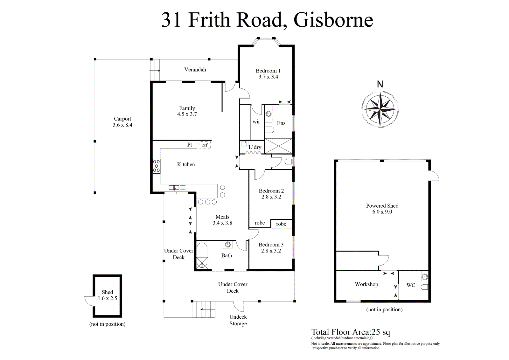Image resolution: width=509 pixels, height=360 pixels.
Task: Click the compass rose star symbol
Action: pyautogui.click(x=380, y=109)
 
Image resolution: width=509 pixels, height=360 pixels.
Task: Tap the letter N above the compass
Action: pyautogui.click(x=380, y=84)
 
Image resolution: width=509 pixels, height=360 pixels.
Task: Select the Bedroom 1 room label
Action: pyautogui.click(x=268, y=71)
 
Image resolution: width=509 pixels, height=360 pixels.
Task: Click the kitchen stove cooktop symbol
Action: pyautogui.click(x=156, y=166)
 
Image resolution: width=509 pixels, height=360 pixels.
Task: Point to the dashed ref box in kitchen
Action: pyautogui.click(x=205, y=145)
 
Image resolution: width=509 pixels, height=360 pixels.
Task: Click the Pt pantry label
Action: pyautogui.click(x=190, y=145)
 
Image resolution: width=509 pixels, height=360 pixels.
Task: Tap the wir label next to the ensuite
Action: pyautogui.click(x=256, y=122)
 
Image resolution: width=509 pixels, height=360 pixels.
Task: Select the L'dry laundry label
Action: pyautogui.click(x=255, y=147)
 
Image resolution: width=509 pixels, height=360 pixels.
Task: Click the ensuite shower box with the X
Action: pyautogui.click(x=279, y=146)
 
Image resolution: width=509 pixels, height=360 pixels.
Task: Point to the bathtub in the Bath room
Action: pyautogui.click(x=202, y=255)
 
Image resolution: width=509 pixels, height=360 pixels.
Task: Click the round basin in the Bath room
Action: pyautogui.click(x=228, y=244)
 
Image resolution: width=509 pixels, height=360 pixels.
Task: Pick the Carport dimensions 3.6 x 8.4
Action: pyautogui.click(x=122, y=125)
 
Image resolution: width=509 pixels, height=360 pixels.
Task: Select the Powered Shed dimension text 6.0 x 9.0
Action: pyautogui.click(x=382, y=212)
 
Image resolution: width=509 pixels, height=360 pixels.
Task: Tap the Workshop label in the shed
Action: pyautogui.click(x=366, y=284)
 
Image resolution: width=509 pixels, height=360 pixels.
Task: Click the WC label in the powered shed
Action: pyautogui.click(x=411, y=285)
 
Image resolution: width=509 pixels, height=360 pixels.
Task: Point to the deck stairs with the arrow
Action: pyautogui.click(x=204, y=309)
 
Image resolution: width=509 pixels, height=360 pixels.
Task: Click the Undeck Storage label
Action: pyautogui.click(x=238, y=320)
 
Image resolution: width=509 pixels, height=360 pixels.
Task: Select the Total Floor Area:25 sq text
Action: pyautogui.click(x=351, y=332)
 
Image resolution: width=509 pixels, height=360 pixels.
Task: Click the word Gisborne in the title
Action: pyautogui.click(x=333, y=20)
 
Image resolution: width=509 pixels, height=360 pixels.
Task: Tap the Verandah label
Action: pyautogui.click(x=195, y=70)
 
